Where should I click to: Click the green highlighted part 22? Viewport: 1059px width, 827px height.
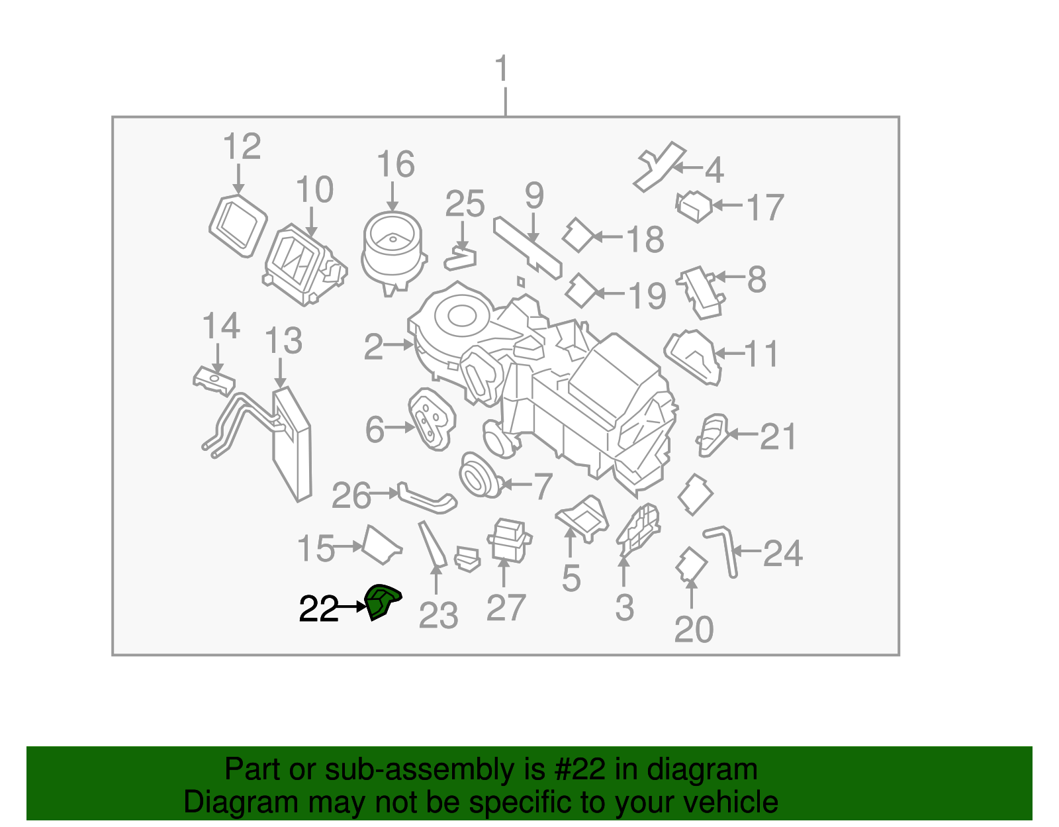coord(382,601)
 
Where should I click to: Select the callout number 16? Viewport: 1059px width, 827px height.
coord(396,164)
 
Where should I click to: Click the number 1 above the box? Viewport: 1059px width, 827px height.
coord(502,70)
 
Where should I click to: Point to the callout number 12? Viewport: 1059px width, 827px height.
coord(242,147)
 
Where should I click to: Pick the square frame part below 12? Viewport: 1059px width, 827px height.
coord(238,224)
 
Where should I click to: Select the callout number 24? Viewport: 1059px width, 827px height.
coord(783,553)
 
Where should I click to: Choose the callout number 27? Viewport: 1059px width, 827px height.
coord(506,607)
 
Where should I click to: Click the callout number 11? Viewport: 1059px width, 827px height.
coord(762,354)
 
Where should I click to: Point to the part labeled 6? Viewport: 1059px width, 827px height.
coord(432,419)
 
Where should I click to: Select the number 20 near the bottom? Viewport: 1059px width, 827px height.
coord(694,629)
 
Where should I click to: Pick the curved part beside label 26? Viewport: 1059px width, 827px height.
coord(428,499)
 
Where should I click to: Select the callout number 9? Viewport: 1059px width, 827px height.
coord(534,196)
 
